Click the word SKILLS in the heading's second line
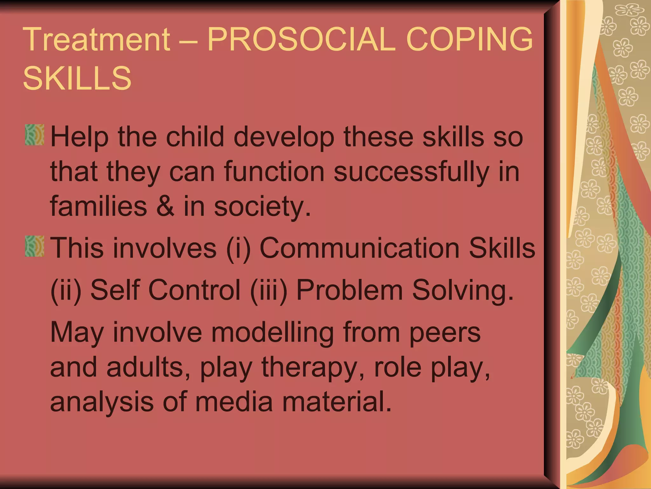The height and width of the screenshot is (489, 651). click(77, 78)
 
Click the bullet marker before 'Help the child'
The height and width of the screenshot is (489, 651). click(35, 135)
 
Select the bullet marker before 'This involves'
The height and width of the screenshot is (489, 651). click(35, 246)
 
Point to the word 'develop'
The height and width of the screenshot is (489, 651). click(284, 137)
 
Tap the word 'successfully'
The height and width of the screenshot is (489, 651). click(411, 172)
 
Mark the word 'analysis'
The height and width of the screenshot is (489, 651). click(102, 402)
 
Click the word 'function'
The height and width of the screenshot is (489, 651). click(274, 172)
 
